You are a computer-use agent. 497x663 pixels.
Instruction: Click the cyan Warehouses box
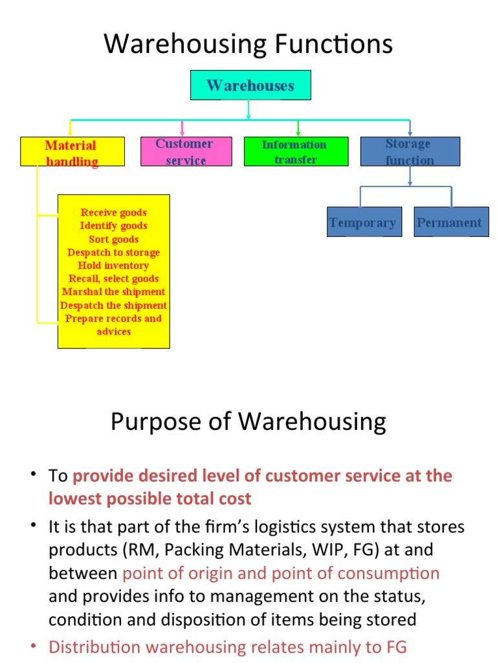(250, 85)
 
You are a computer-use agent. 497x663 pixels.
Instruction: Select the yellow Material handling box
(72, 152)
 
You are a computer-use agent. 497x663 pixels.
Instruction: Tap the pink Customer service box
(186, 152)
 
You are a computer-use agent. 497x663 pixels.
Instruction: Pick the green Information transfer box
(294, 152)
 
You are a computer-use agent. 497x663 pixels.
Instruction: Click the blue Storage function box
(410, 152)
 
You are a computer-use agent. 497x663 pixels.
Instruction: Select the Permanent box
(450, 222)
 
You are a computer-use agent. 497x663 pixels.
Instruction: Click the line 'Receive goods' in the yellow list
(113, 212)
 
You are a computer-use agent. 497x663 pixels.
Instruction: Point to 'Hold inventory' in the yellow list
(113, 265)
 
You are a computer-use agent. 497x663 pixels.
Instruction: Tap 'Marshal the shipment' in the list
(113, 292)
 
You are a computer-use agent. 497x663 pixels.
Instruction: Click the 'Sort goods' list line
(113, 239)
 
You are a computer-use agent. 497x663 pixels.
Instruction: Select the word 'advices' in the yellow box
(113, 331)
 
